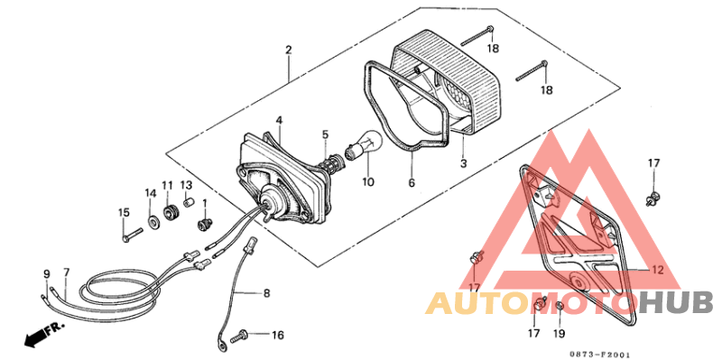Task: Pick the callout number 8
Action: coord(266,293)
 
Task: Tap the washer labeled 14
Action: coord(151,219)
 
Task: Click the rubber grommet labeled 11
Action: coord(168,214)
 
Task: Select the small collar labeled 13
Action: coord(188,203)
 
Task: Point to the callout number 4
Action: coord(280,120)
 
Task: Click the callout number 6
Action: coord(412,182)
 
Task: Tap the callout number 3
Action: coord(463,164)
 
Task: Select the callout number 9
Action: coord(46,272)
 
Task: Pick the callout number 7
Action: coord(66,272)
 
